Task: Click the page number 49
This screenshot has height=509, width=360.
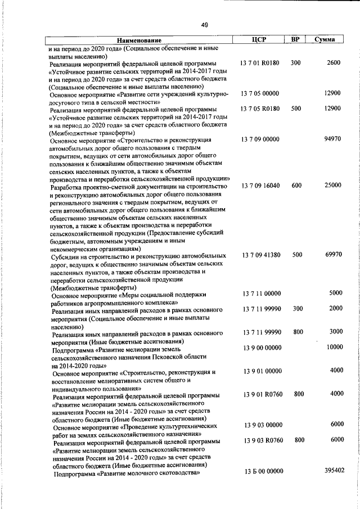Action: (x=204, y=24)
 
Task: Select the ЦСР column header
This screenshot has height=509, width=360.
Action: (x=259, y=39)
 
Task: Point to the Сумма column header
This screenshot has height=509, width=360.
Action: (x=326, y=40)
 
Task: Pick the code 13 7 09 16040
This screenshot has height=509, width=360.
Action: (x=260, y=185)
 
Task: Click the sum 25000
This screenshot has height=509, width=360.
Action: (x=332, y=185)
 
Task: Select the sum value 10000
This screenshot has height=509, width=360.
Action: (x=334, y=347)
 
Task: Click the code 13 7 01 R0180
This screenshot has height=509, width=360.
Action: (x=260, y=63)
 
